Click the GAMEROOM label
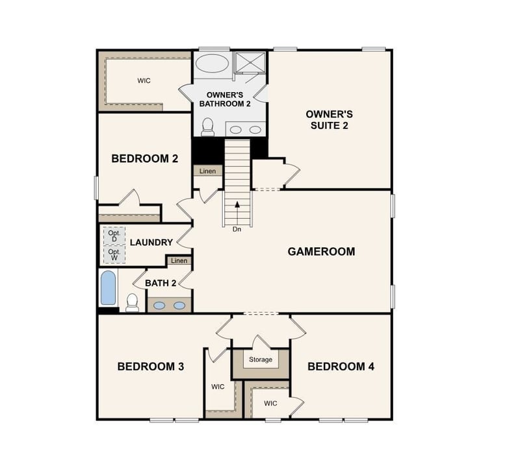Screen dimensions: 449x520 [321, 251]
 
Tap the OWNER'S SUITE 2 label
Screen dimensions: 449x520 [330, 119]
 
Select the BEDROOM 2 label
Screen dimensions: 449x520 [144, 158]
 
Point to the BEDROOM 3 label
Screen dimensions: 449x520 [150, 367]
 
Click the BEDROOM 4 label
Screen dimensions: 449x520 [341, 367]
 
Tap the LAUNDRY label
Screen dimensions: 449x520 [151, 243]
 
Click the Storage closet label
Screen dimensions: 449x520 [261, 359]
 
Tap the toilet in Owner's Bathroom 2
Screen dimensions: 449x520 [208, 127]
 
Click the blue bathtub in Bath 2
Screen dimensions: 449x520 [108, 288]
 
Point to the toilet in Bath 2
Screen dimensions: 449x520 [133, 302]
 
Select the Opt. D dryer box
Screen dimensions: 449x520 [114, 236]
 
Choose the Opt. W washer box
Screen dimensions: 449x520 [114, 254]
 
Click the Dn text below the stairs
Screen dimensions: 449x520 [237, 229]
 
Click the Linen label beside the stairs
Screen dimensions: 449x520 [207, 171]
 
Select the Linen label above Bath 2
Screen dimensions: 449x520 [179, 261]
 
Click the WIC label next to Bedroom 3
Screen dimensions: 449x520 [218, 387]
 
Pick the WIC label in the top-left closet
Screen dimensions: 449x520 [144, 81]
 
